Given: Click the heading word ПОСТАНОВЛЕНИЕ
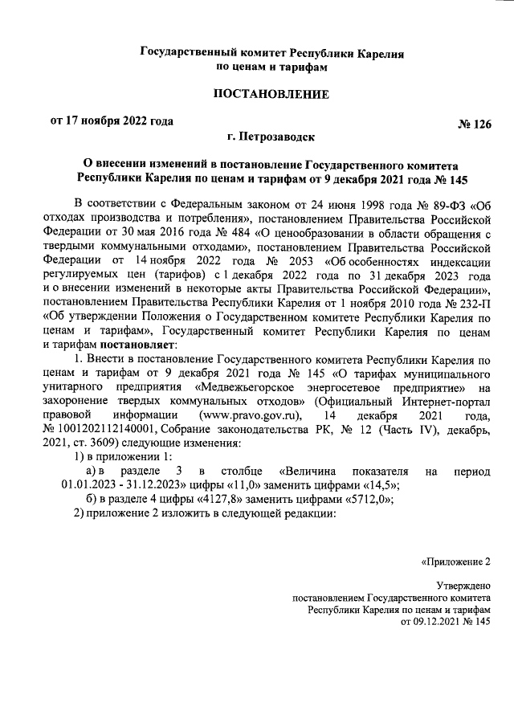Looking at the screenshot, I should coord(271,95).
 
